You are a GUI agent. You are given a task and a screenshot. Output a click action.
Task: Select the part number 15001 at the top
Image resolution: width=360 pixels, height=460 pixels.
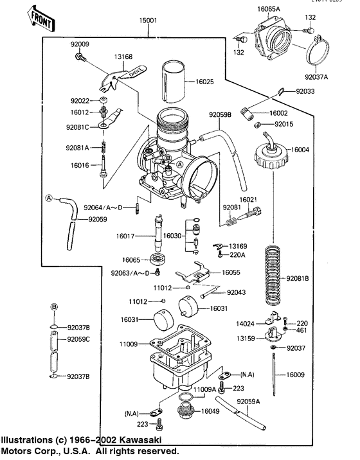[x=148, y=21]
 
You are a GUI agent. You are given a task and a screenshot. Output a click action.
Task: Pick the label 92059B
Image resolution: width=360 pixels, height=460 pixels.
[x=220, y=115]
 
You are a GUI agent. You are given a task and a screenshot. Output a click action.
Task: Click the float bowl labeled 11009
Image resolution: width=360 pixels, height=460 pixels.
[x=170, y=360]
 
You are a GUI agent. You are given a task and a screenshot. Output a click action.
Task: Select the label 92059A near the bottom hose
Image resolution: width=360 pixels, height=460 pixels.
[x=249, y=402]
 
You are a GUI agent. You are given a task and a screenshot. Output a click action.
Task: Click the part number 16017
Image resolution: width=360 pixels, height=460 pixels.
[x=125, y=236]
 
